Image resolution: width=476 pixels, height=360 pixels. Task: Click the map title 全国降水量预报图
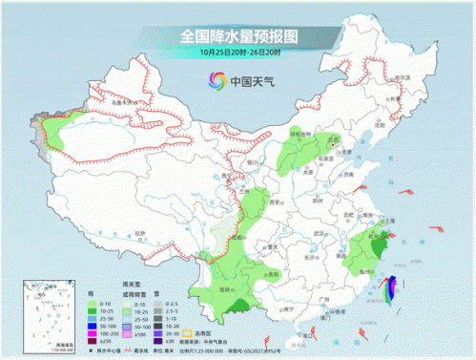238,36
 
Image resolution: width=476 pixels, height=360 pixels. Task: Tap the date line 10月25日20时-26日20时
238,53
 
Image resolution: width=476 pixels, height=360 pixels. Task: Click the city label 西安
278,204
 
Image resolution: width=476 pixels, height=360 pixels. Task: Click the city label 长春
400,100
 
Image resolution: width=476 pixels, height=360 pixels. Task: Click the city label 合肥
354,219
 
